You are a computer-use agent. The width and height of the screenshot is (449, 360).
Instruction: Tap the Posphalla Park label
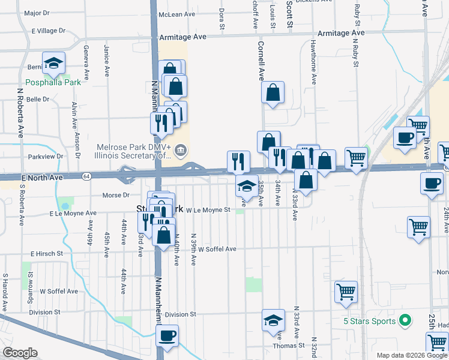tap(53, 82)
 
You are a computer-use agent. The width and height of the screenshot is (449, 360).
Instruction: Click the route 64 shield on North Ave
tap(88, 176)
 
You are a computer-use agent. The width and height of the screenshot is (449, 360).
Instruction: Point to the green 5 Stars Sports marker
tap(405, 321)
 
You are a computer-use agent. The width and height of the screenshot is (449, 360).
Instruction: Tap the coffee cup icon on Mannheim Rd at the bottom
tap(167, 335)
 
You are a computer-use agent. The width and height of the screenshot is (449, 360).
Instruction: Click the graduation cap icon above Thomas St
tap(273, 321)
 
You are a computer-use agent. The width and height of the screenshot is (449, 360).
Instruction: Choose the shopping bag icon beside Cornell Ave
tap(273, 93)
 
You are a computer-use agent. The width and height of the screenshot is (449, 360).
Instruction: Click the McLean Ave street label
tap(177, 14)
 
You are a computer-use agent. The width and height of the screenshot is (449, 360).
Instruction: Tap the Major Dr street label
tap(37, 13)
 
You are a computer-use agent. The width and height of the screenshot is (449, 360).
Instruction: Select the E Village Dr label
tap(49, 31)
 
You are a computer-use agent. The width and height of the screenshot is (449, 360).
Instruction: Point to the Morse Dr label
tap(116, 195)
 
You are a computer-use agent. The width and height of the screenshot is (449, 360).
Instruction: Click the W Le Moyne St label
tap(208, 210)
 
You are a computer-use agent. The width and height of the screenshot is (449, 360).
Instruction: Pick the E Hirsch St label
tap(47, 254)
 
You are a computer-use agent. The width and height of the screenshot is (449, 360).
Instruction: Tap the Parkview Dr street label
tap(46, 157)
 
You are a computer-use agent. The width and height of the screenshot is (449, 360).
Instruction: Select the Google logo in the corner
tap(19, 353)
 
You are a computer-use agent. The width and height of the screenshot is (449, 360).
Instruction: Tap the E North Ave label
tap(42, 178)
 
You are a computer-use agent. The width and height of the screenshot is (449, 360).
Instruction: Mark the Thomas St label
tap(285, 346)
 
